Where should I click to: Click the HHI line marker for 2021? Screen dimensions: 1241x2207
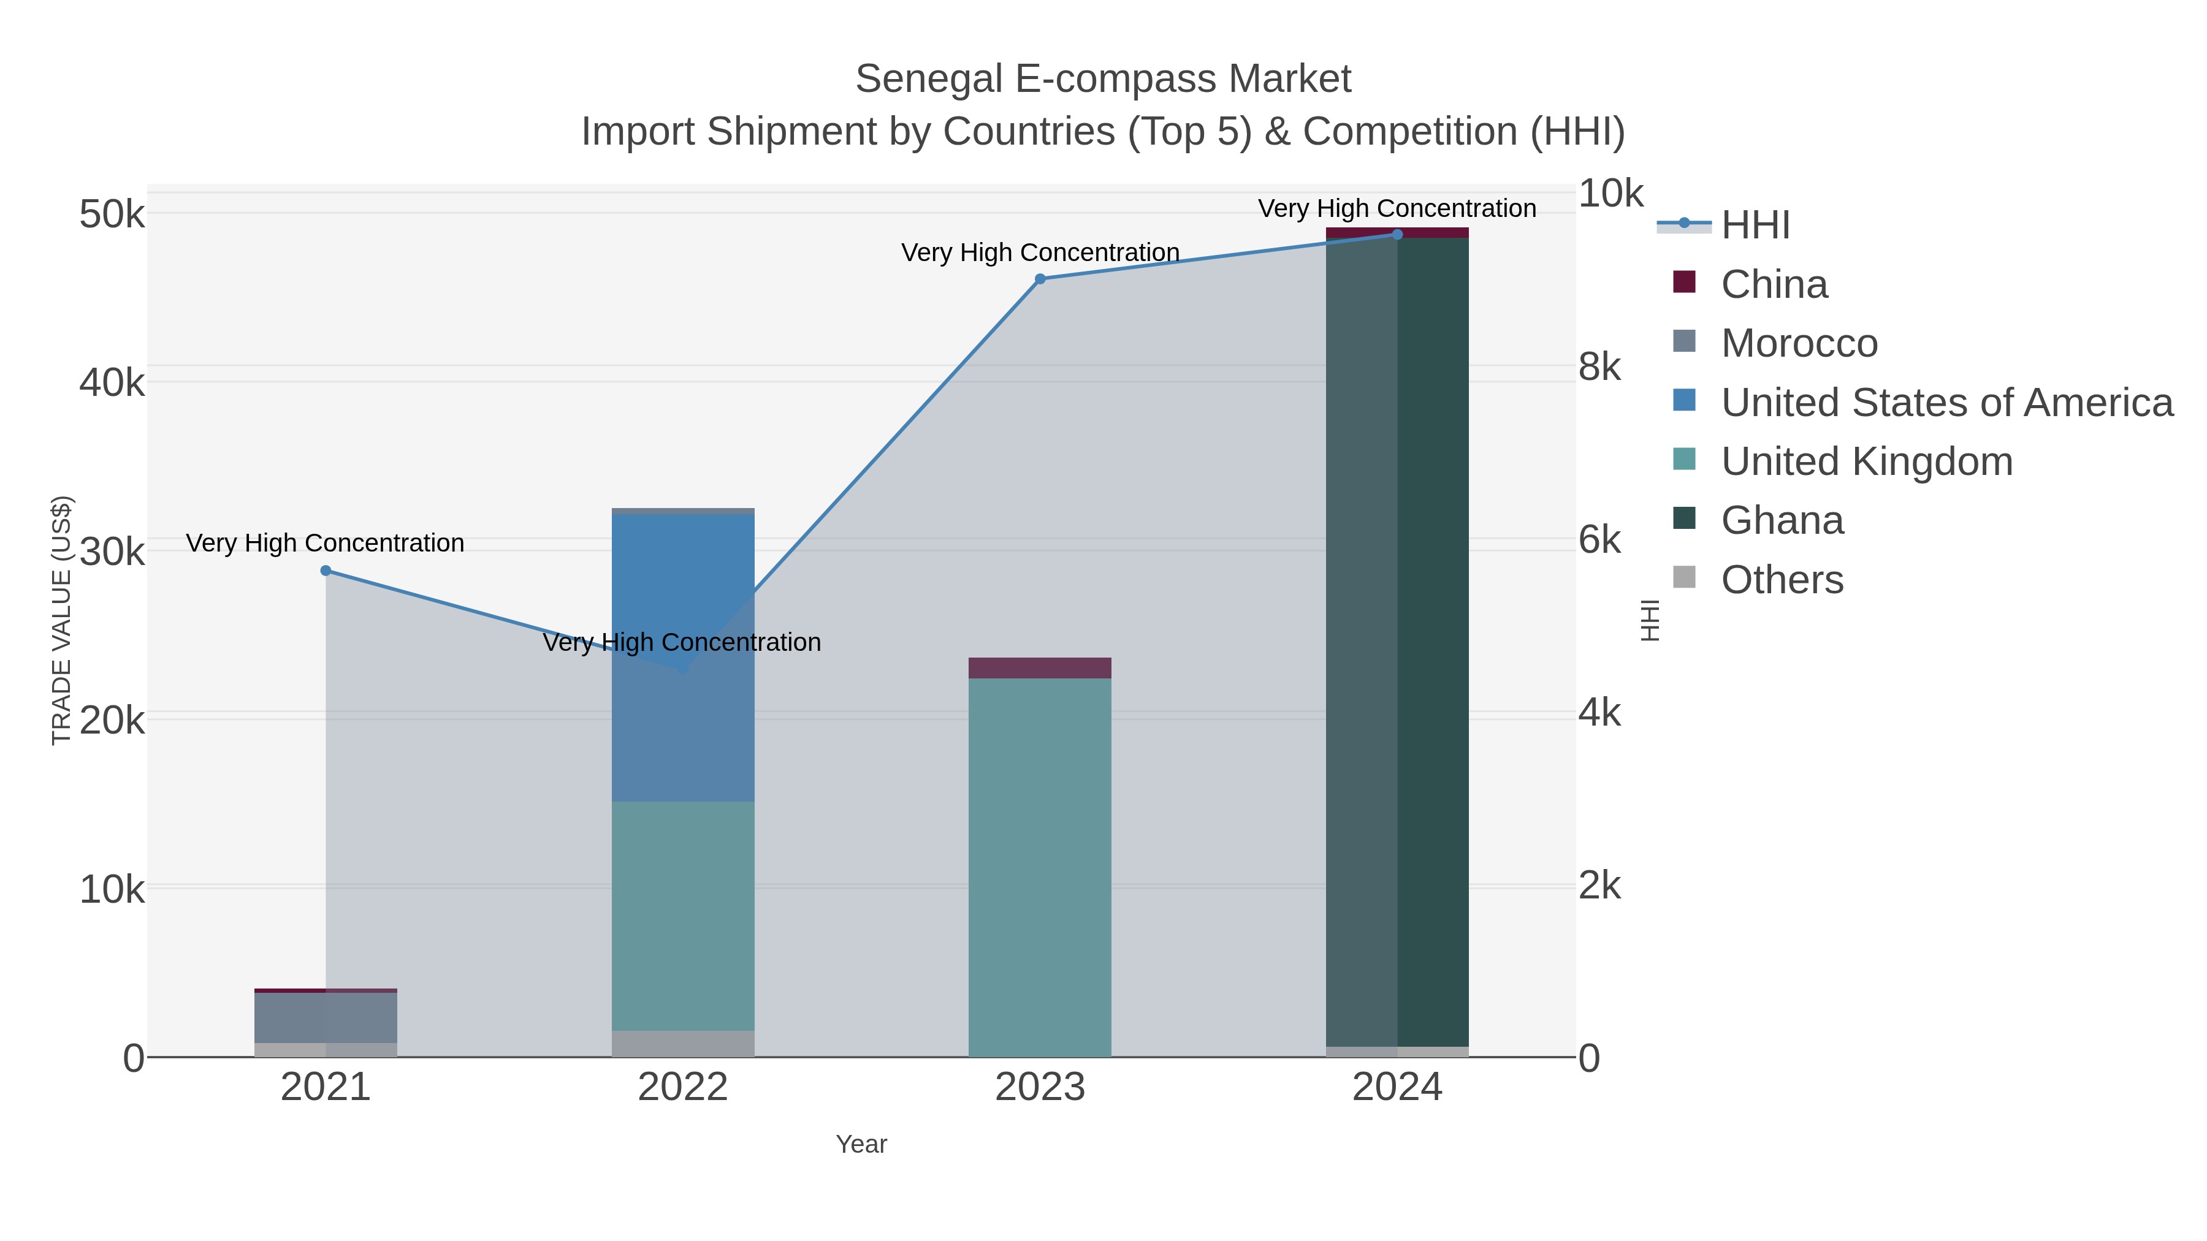tap(326, 571)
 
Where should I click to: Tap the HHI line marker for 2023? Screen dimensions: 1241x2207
tap(1040, 278)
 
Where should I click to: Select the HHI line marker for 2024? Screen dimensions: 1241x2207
tap(1397, 234)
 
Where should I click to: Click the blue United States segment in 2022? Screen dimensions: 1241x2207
tap(683, 582)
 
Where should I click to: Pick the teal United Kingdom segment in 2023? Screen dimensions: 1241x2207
tap(1040, 865)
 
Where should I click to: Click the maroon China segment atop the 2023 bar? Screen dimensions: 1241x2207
tap(1040, 668)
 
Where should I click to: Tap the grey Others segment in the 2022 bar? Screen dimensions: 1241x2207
tap(683, 1043)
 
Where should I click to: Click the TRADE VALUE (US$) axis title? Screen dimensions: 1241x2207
tap(62, 620)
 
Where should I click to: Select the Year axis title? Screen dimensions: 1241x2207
tap(861, 1144)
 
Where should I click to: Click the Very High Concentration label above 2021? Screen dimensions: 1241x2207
tap(325, 543)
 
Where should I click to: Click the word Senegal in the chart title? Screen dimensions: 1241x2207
tap(928, 79)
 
